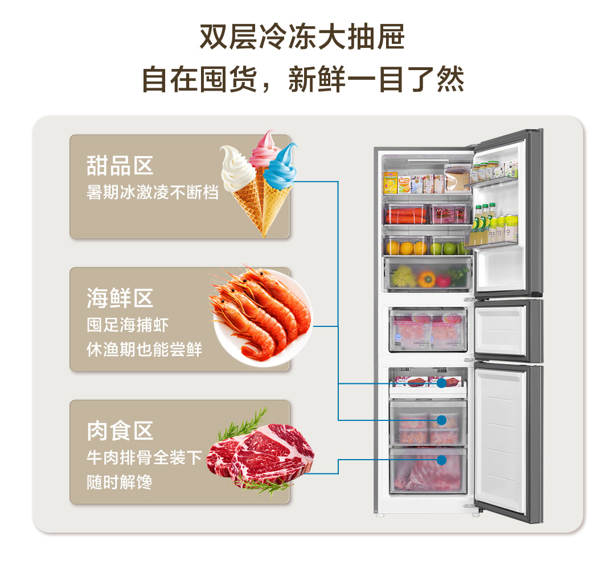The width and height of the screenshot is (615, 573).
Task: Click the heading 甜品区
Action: (x=120, y=166)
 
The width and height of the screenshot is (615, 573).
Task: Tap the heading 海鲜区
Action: (x=120, y=298)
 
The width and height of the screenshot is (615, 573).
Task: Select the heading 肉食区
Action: (x=120, y=431)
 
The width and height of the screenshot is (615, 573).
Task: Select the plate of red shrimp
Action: (x=262, y=316)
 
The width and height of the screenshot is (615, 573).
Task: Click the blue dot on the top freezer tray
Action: (x=441, y=383)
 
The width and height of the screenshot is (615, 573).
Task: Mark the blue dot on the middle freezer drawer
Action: (x=441, y=420)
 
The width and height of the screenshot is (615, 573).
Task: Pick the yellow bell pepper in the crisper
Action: (x=427, y=279)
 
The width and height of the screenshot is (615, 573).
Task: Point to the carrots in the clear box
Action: (x=405, y=215)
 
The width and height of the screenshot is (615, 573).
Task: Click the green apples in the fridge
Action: (x=450, y=248)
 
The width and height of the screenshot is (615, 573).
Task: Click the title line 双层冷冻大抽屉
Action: (x=302, y=38)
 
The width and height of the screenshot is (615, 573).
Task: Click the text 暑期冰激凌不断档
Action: (x=153, y=192)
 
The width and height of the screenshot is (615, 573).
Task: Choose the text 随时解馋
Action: (x=120, y=482)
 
